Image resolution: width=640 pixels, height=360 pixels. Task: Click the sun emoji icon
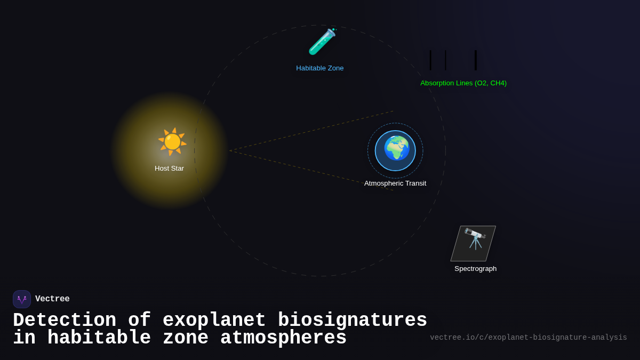click(x=172, y=142)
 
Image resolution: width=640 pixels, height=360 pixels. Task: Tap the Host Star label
click(x=169, y=169)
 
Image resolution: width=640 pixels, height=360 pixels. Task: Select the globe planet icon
click(x=396, y=149)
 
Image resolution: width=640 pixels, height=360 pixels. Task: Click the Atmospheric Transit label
click(x=395, y=183)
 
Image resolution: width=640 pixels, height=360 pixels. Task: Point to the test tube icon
click(x=322, y=42)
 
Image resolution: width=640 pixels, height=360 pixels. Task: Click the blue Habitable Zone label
click(x=320, y=68)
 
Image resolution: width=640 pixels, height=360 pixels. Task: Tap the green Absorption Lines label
click(x=463, y=83)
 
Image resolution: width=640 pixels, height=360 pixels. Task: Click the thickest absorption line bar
click(x=476, y=60)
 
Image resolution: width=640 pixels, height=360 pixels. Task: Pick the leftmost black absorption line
click(x=430, y=60)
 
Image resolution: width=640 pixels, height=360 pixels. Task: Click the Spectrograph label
click(x=475, y=269)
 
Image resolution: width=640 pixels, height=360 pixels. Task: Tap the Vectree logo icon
click(x=22, y=299)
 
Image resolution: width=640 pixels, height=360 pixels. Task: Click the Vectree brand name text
click(x=52, y=299)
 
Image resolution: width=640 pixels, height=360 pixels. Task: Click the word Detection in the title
click(x=65, y=321)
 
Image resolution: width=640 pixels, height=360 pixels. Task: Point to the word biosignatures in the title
click(x=352, y=321)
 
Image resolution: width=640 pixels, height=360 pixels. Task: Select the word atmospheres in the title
click(x=283, y=338)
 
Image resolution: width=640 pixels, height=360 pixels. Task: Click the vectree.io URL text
click(x=528, y=338)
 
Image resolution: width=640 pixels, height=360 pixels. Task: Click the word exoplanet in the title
click(x=214, y=321)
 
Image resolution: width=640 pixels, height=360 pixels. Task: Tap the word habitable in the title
click(x=99, y=338)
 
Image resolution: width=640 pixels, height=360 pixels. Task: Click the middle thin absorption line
click(x=445, y=60)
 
